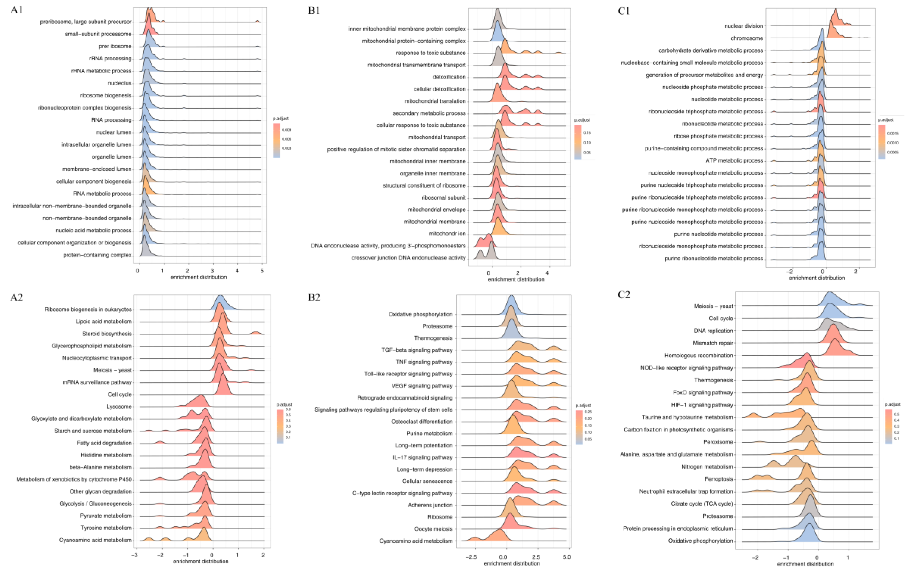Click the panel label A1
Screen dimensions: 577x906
pos(17,10)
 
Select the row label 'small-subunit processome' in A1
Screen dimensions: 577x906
pos(98,34)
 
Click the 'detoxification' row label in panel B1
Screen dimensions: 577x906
pos(449,77)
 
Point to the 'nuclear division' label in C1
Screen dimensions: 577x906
pos(743,26)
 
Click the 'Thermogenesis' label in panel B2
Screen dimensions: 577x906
pos(433,338)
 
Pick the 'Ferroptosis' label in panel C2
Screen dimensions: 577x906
pos(719,479)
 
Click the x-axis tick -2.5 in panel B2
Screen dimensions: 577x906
pos(471,557)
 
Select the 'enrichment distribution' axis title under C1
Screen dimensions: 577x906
pos(816,278)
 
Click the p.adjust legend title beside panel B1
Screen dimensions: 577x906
pos(582,120)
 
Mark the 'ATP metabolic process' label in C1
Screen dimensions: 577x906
pos(734,161)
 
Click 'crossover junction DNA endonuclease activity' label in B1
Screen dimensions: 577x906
pos(408,258)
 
